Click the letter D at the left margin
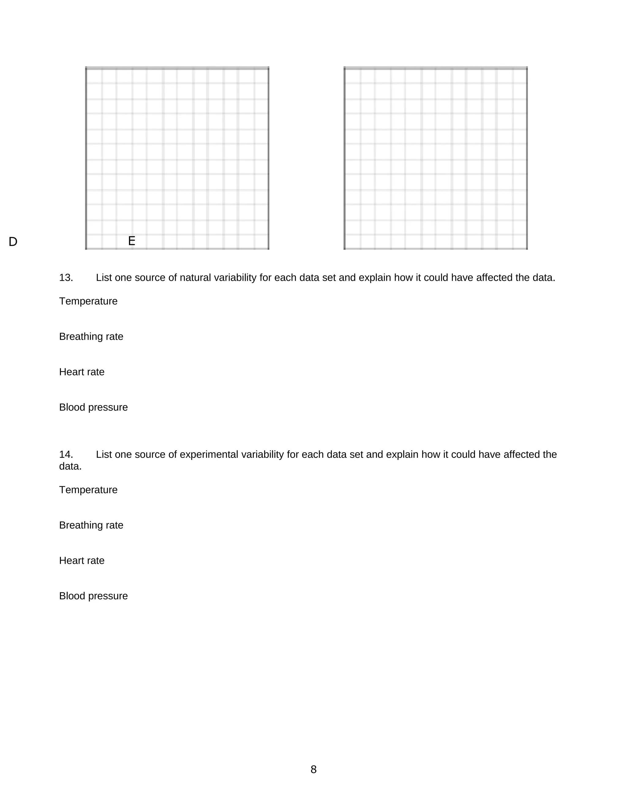(x=13, y=242)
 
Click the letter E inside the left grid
(x=131, y=241)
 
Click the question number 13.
(x=66, y=278)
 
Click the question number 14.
(x=66, y=454)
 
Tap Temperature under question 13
(x=88, y=301)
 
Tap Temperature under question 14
(x=88, y=490)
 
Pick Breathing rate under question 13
(x=91, y=336)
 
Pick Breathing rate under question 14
(x=91, y=525)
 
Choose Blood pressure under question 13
(x=93, y=407)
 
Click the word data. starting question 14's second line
(x=70, y=466)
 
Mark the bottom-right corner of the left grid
(x=268, y=249)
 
